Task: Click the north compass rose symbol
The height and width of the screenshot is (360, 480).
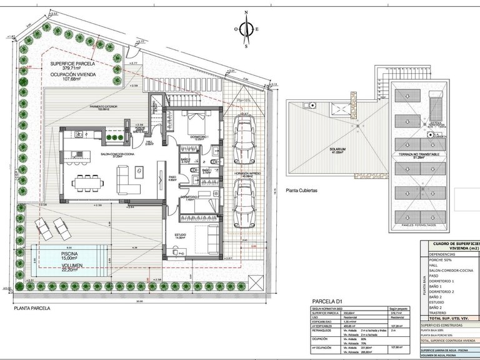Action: click(x=247, y=29)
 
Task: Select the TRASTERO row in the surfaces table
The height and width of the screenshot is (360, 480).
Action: click(x=437, y=313)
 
